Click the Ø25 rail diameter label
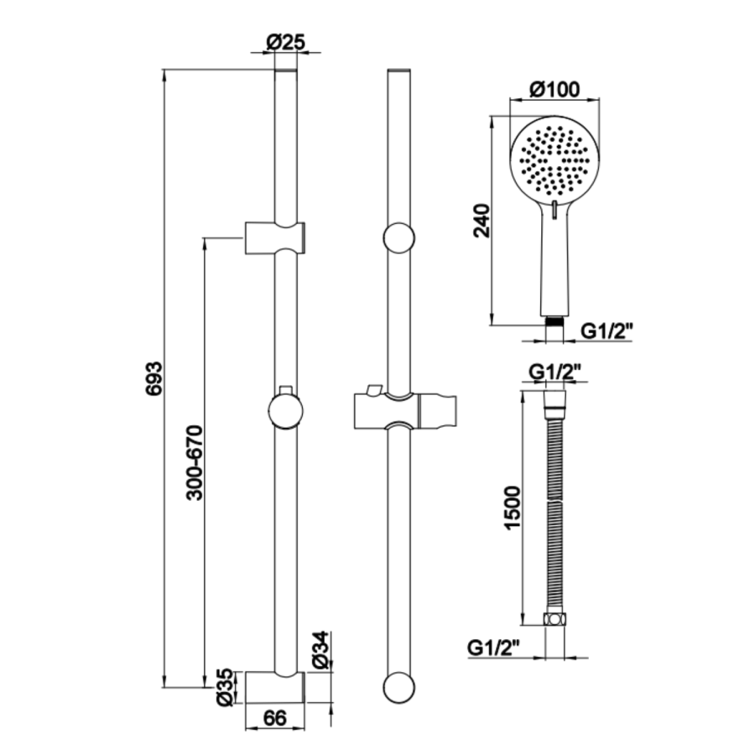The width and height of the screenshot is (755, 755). click(x=286, y=42)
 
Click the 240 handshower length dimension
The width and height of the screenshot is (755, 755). click(x=482, y=220)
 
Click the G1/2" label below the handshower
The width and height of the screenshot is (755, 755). click(x=607, y=331)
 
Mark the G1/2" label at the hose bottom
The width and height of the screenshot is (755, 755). click(x=495, y=647)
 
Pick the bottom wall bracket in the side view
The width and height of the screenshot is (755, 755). click(x=275, y=687)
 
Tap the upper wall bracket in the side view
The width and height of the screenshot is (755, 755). click(x=275, y=237)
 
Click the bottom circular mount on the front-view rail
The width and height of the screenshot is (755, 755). click(x=398, y=687)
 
